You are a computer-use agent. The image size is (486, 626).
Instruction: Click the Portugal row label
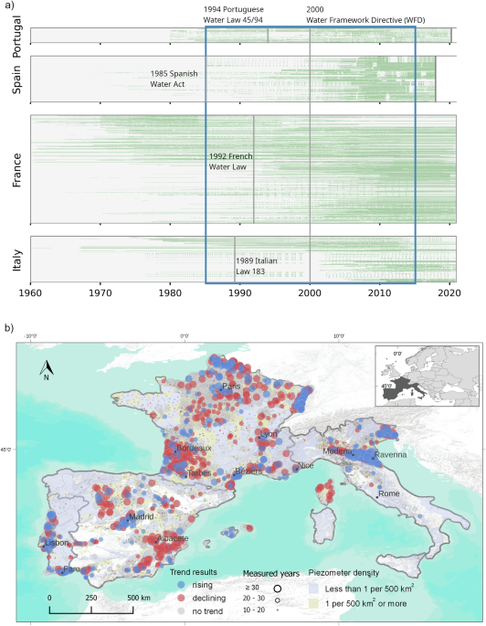pos(17,37)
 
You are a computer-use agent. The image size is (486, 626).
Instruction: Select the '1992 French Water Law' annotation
pos(229,162)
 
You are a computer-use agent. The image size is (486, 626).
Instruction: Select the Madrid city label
pos(141,516)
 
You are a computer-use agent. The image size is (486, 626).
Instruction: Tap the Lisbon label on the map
pos(57,544)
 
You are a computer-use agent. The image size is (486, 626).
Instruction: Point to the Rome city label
pos(389,493)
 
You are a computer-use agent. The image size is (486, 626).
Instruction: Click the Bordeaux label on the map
pos(194,449)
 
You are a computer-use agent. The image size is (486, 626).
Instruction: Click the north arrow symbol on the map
pos(46,370)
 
